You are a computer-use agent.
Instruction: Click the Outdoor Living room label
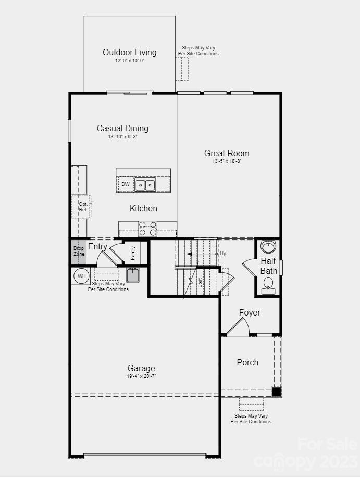(x=129, y=52)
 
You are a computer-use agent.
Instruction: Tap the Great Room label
(x=227, y=153)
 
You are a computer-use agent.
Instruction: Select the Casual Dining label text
(x=122, y=128)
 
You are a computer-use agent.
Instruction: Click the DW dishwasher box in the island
(x=126, y=184)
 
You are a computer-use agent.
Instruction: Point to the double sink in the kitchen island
(x=145, y=184)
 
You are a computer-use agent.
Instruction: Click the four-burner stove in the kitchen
(x=147, y=229)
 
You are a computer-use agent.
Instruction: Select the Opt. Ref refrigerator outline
(x=82, y=206)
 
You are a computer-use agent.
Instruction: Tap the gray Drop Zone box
(x=79, y=251)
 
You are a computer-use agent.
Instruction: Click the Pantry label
(x=133, y=253)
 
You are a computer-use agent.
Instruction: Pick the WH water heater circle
(x=82, y=276)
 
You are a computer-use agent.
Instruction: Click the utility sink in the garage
(x=133, y=275)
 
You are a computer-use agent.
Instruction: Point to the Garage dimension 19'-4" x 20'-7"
(x=141, y=376)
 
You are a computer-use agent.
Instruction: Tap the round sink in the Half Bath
(x=268, y=246)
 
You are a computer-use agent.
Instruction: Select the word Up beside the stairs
(x=223, y=254)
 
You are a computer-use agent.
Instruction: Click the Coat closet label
(x=200, y=283)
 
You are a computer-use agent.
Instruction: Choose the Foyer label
(x=250, y=312)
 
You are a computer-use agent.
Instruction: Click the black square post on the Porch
(x=276, y=392)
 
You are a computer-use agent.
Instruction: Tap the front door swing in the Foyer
(x=238, y=326)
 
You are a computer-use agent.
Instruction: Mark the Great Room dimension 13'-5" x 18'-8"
(x=227, y=162)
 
